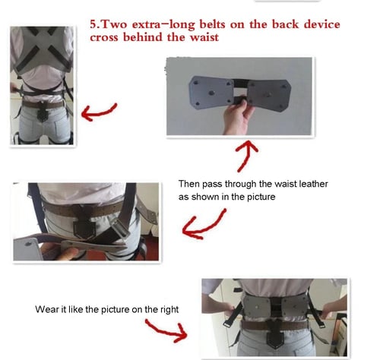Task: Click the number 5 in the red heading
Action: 93,24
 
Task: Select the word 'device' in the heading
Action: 321,24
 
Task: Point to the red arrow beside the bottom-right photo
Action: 167,330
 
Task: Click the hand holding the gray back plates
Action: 237,117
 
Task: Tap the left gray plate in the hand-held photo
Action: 211,91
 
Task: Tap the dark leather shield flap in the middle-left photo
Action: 83,223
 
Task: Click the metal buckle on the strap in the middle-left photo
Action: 120,228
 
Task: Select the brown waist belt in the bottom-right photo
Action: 275,325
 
